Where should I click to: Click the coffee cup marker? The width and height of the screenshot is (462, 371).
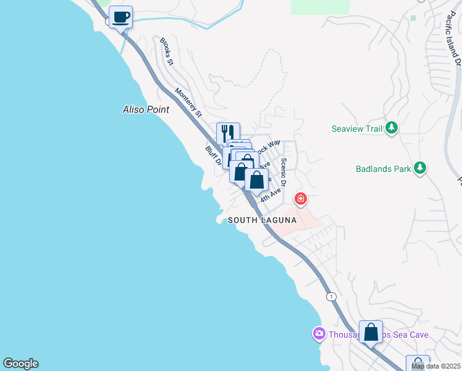click(x=120, y=17)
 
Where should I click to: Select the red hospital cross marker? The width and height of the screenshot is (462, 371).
click(x=301, y=199)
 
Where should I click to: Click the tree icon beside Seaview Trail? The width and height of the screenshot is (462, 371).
click(x=391, y=128)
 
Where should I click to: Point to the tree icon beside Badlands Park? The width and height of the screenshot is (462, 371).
click(x=420, y=168)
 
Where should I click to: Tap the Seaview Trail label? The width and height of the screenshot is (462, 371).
click(x=358, y=129)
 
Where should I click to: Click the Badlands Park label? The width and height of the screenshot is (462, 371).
click(x=384, y=168)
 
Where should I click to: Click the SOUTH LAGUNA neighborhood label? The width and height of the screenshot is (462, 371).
click(x=262, y=220)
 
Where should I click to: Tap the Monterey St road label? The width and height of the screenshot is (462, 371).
click(x=188, y=103)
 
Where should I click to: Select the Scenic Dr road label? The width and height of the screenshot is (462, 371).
click(x=283, y=172)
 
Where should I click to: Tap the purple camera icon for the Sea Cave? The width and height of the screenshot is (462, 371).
click(x=319, y=335)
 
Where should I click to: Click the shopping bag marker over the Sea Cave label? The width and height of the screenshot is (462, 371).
click(x=371, y=332)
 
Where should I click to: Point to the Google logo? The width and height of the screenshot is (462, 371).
click(x=20, y=364)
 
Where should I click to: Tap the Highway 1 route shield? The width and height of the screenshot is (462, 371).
click(x=333, y=296)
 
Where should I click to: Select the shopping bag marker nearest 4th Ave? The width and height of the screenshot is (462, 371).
click(x=257, y=180)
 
